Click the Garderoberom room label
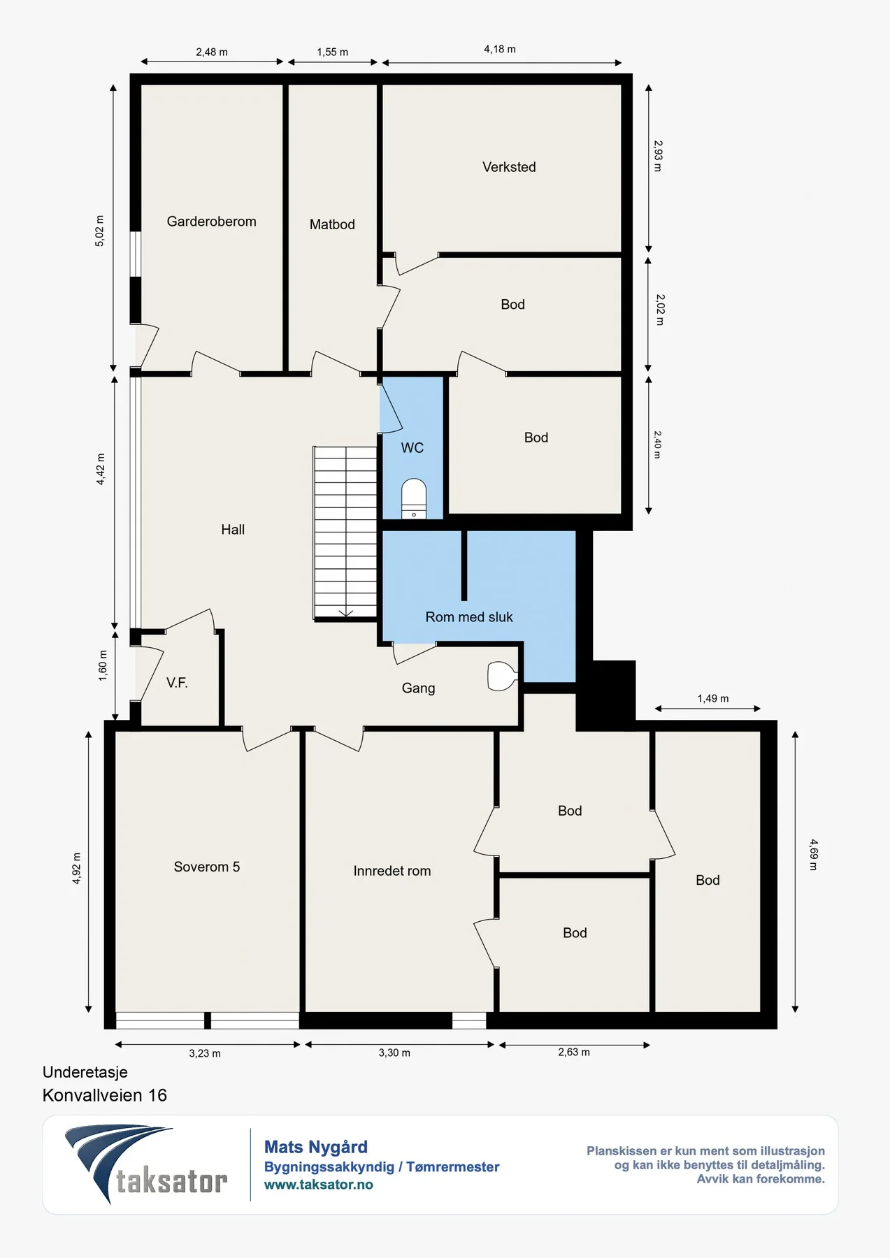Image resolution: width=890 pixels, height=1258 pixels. pyautogui.click(x=211, y=222)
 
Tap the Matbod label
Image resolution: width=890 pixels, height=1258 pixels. pyautogui.click(x=332, y=224)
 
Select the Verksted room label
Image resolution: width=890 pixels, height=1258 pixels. pyautogui.click(x=509, y=167)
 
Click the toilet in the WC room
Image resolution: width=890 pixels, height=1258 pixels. pyautogui.click(x=414, y=498)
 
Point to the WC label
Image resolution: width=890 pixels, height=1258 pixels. pyautogui.click(x=412, y=448)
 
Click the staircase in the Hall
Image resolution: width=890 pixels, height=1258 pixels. pyautogui.click(x=345, y=533)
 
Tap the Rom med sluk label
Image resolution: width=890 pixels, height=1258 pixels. pyautogui.click(x=469, y=617)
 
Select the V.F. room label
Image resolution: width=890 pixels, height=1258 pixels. pyautogui.click(x=177, y=683)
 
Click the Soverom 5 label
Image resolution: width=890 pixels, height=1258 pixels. pyautogui.click(x=207, y=867)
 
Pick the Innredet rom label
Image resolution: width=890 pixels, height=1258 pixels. pyautogui.click(x=392, y=871)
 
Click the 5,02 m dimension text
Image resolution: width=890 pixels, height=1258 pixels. pyautogui.click(x=99, y=231)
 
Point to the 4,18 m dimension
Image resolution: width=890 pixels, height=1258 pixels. pyautogui.click(x=500, y=49)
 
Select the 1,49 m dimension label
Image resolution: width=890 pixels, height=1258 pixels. pyautogui.click(x=713, y=698)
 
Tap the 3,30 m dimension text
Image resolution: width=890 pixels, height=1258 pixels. pyautogui.click(x=394, y=1053)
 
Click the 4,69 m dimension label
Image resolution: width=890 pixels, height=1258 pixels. pyautogui.click(x=814, y=855)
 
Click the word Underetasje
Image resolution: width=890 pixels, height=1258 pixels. pyautogui.click(x=85, y=1072)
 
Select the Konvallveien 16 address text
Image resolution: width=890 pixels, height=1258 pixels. pyautogui.click(x=105, y=1095)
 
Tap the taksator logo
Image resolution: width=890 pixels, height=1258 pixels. pyautogui.click(x=146, y=1164)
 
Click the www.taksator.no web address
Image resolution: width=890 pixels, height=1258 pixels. pyautogui.click(x=319, y=1185)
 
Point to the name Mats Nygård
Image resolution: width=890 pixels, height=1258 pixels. pyautogui.click(x=316, y=1147)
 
